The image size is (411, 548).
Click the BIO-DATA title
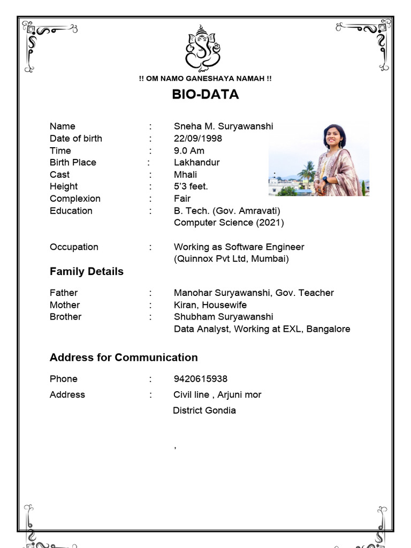pos(205,95)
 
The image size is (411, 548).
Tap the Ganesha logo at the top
pos(203,49)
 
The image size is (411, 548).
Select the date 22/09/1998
pos(197,139)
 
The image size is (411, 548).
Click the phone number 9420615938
pos(200,379)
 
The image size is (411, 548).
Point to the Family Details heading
pos(86,271)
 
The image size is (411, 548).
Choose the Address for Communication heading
pos(124,357)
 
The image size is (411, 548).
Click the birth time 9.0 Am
pos(189,151)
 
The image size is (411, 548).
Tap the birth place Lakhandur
pos(196,163)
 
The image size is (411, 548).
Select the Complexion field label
pos(75,199)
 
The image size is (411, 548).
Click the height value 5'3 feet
pos(191,187)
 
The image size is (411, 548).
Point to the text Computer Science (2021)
pos(229,223)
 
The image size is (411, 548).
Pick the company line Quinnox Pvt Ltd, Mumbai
pos(231,259)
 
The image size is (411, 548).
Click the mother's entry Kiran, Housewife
pos(210,305)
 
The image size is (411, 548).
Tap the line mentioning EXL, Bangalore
pos(262,329)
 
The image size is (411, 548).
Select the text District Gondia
pos(204,410)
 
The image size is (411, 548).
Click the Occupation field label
pos(74,247)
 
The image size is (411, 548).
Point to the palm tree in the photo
pos(308,172)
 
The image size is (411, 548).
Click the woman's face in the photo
pos(333,136)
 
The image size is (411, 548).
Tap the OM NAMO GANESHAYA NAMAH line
pos(205,79)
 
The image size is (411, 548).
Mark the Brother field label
pos(65,317)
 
